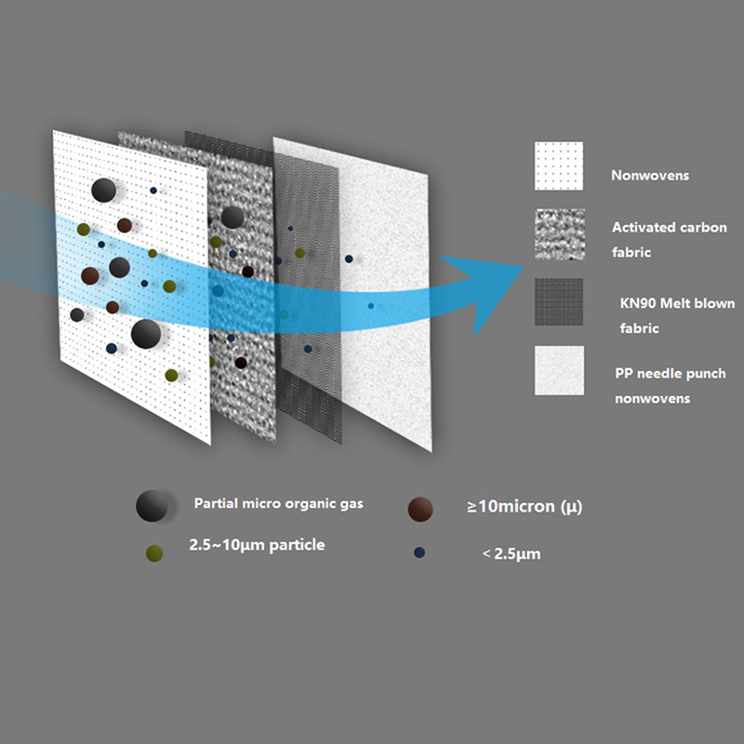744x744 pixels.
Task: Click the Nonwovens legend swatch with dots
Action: click(x=559, y=166)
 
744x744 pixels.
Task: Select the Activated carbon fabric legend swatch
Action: click(x=560, y=234)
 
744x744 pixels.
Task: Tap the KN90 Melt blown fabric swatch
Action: click(x=559, y=301)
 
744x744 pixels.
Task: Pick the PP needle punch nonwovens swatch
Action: click(x=560, y=370)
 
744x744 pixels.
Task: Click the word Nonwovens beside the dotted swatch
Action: click(x=649, y=176)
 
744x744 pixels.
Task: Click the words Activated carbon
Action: click(x=669, y=227)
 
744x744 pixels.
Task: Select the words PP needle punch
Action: click(x=670, y=374)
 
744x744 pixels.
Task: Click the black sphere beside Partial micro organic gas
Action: click(x=152, y=506)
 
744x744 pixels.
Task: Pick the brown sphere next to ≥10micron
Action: click(x=420, y=509)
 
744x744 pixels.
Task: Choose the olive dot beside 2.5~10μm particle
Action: click(x=154, y=553)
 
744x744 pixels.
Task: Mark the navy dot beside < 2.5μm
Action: click(x=419, y=552)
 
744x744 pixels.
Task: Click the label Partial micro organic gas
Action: click(x=278, y=504)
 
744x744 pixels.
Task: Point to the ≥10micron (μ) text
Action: click(x=525, y=507)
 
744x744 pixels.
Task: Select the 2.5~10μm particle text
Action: click(x=257, y=545)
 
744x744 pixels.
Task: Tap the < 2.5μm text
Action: click(x=511, y=553)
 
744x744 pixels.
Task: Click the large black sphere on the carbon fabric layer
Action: click(x=232, y=217)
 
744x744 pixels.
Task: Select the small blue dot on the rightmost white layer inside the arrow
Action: click(x=370, y=306)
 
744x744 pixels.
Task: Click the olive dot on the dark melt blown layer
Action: click(x=299, y=253)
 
